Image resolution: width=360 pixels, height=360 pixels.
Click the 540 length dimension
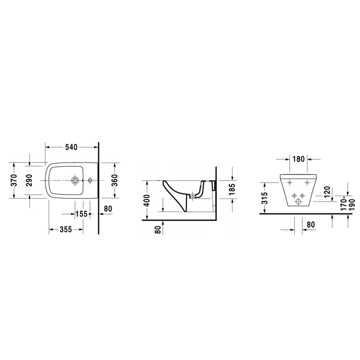click(71, 147)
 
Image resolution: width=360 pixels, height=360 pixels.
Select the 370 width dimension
click(14, 180)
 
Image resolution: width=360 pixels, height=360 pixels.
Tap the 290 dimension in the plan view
click(29, 180)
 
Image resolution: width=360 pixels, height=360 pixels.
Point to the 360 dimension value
click(114, 180)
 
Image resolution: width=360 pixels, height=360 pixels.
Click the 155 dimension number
click(81, 214)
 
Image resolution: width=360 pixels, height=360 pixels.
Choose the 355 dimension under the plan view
click(66, 229)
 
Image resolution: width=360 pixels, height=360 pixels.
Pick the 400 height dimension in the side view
click(147, 201)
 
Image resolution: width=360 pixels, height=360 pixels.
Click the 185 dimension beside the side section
click(232, 189)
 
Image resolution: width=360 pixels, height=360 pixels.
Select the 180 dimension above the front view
click(298, 159)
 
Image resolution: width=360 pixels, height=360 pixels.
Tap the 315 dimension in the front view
click(264, 198)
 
